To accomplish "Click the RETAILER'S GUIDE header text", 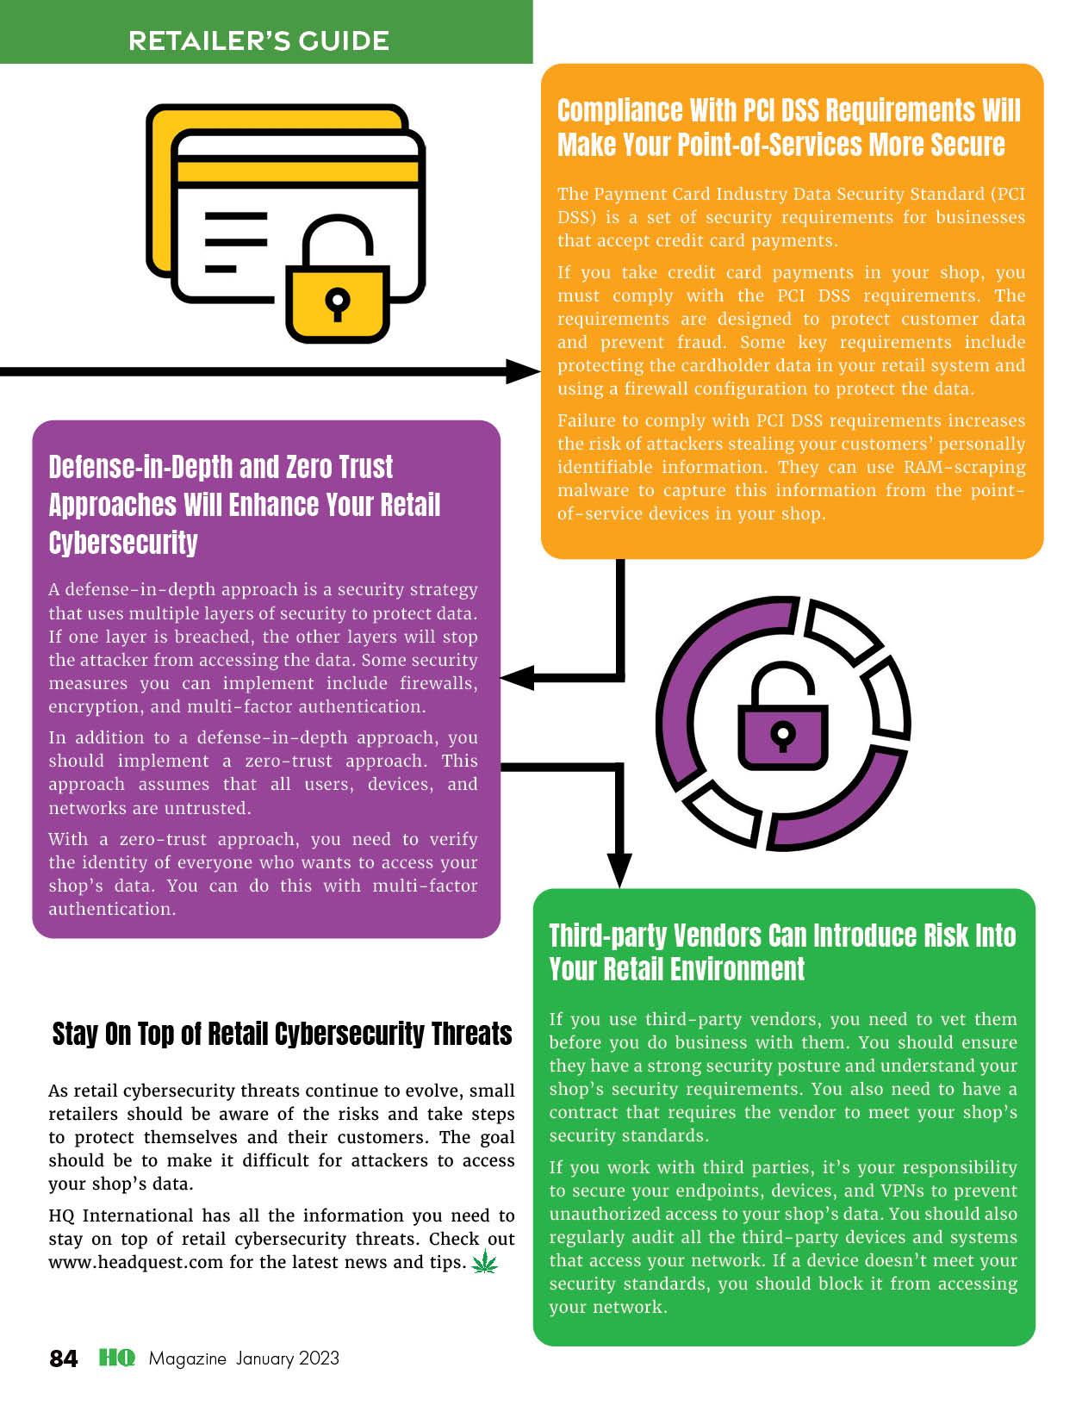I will tap(258, 40).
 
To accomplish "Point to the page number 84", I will tap(64, 1358).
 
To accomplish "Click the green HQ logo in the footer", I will tap(117, 1358).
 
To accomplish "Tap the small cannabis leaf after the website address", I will tap(485, 1264).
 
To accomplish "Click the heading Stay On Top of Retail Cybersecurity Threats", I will tap(282, 1034).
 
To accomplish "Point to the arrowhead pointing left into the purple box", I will tap(517, 678).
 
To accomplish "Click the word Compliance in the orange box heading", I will tap(607, 111).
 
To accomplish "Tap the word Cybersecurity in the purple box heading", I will tap(123, 543).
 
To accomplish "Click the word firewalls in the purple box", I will tap(438, 683).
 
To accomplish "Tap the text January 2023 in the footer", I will tap(288, 1358).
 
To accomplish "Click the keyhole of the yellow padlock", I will tap(338, 302).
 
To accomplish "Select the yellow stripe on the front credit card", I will tap(297, 170).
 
